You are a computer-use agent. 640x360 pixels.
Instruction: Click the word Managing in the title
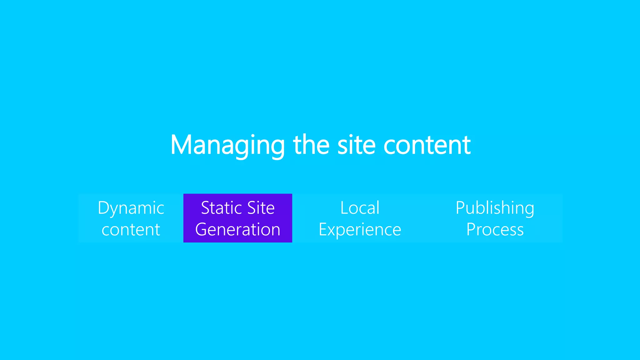(x=227, y=145)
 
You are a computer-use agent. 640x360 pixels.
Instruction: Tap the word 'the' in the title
(x=311, y=145)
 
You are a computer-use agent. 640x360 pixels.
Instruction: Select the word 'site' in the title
(x=356, y=145)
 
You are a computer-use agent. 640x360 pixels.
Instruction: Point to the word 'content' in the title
(x=427, y=145)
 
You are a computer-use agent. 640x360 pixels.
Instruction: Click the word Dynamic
(x=131, y=208)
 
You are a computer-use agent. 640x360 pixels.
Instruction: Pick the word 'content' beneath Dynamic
(x=131, y=230)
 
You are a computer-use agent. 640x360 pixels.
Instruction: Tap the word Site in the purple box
(x=261, y=208)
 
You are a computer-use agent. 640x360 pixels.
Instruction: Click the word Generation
(x=237, y=230)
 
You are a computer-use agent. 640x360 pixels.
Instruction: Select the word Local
(x=360, y=208)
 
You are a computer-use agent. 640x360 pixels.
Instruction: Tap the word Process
(x=495, y=230)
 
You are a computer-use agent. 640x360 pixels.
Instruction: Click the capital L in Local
(x=344, y=208)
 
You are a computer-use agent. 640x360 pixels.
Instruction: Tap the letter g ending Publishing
(x=529, y=210)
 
